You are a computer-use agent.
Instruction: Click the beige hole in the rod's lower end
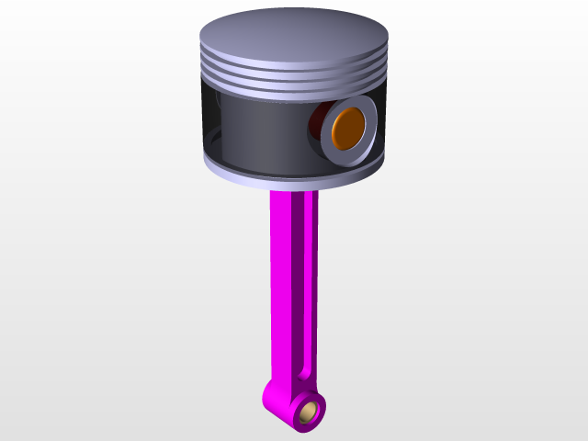tap(311, 409)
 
